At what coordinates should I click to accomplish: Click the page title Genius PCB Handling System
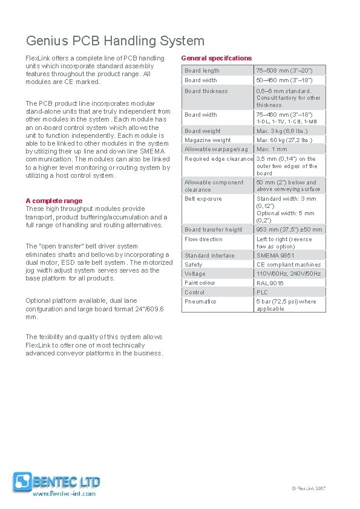[115, 41]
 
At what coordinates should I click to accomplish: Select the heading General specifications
[216, 58]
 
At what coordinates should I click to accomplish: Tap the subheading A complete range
[54, 201]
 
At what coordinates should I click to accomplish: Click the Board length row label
[202, 71]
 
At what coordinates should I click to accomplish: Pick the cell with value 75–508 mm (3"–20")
[284, 71]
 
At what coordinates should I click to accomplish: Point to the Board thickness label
[206, 91]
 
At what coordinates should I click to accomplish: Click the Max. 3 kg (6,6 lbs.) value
[282, 131]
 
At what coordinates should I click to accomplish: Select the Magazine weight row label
[208, 140]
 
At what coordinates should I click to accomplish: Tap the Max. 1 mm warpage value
[272, 149]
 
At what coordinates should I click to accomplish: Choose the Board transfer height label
[214, 230]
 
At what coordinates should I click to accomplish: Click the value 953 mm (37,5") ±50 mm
[289, 230]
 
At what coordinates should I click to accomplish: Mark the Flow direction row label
[203, 239]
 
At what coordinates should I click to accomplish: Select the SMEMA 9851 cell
[275, 256]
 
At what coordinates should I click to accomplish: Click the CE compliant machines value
[289, 265]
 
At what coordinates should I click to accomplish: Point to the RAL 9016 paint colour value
[270, 283]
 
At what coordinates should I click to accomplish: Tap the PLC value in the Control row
[262, 292]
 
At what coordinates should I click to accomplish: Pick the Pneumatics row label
[200, 302]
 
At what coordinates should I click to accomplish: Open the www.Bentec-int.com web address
[64, 494]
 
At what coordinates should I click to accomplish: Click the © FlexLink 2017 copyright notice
[309, 488]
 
